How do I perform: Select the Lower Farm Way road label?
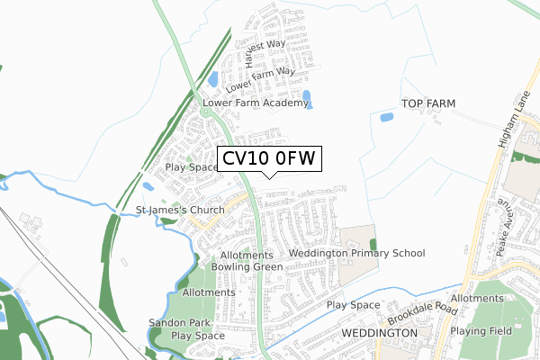tap(261, 79)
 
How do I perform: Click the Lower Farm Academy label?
tap(256, 103)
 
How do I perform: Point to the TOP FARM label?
tap(428, 104)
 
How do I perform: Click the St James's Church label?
tap(180, 211)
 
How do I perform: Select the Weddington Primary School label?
tap(356, 254)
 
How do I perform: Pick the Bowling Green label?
tap(240, 266)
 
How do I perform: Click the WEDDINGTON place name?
tap(381, 332)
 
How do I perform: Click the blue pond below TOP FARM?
tap(387, 117)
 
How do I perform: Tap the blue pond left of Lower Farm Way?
tap(213, 80)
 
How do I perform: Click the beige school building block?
tap(355, 238)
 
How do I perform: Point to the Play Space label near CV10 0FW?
tap(192, 167)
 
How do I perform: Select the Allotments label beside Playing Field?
tap(478, 298)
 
